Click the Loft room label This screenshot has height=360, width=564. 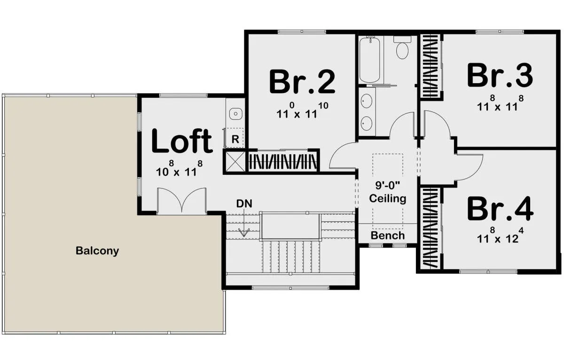pos(182,141)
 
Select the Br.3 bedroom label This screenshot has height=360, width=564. pos(500,75)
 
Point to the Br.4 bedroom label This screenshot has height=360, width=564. pos(500,209)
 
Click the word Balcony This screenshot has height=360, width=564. pos(97,251)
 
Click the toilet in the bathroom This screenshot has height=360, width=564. pos(402,47)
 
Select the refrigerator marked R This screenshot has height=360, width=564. pos(234,138)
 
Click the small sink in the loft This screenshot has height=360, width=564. pos(235,114)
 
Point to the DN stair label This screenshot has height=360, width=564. pos(244,203)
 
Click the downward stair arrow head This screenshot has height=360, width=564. pos(244,232)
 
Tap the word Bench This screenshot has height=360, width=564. pos(388,235)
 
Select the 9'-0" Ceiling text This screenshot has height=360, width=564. pos(388,192)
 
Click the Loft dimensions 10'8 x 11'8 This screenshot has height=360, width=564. pos(179,169)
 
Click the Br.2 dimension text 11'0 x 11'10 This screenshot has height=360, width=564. pos(302,110)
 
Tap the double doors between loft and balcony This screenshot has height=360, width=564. pos(181,201)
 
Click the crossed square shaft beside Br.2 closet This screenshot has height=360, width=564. pos(235,162)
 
